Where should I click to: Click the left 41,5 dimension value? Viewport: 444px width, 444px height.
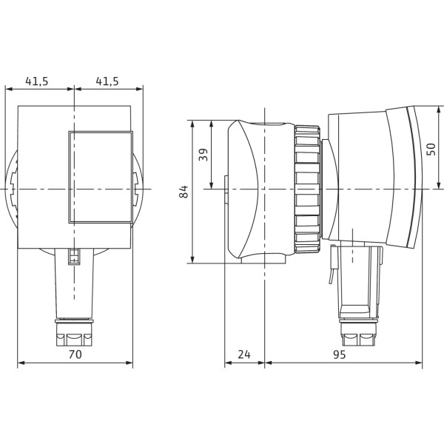tap(37, 81)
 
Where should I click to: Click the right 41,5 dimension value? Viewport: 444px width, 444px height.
tap(107, 81)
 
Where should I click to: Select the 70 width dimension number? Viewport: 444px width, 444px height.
tap(75, 354)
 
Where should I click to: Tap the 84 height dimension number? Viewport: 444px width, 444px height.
tap(184, 192)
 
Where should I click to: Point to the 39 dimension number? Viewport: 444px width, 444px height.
tap(203, 155)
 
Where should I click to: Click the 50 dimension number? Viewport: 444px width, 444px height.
tap(431, 149)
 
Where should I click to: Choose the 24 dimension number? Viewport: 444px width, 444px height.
tap(244, 354)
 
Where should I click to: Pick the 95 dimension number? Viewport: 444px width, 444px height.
tap(339, 354)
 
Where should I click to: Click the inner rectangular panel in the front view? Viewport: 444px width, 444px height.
tap(101, 177)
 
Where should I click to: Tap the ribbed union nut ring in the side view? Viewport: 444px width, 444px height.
tap(308, 189)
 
